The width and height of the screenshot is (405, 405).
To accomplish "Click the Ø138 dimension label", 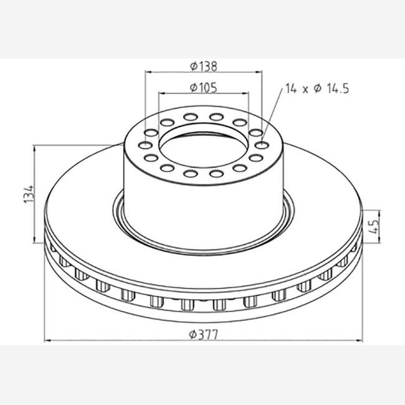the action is (x=204, y=67).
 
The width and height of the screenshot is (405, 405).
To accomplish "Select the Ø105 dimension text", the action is (x=204, y=88).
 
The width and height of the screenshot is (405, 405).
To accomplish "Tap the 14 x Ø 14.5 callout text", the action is (x=317, y=88).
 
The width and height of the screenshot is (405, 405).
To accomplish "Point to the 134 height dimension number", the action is (x=29, y=194).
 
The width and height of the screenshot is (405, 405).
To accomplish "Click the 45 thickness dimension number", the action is (x=374, y=227).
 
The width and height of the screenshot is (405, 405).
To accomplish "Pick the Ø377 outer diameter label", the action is (x=204, y=335).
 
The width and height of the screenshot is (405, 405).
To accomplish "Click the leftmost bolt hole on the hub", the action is (x=145, y=145).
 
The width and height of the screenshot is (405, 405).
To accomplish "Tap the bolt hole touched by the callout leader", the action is (x=262, y=145).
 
